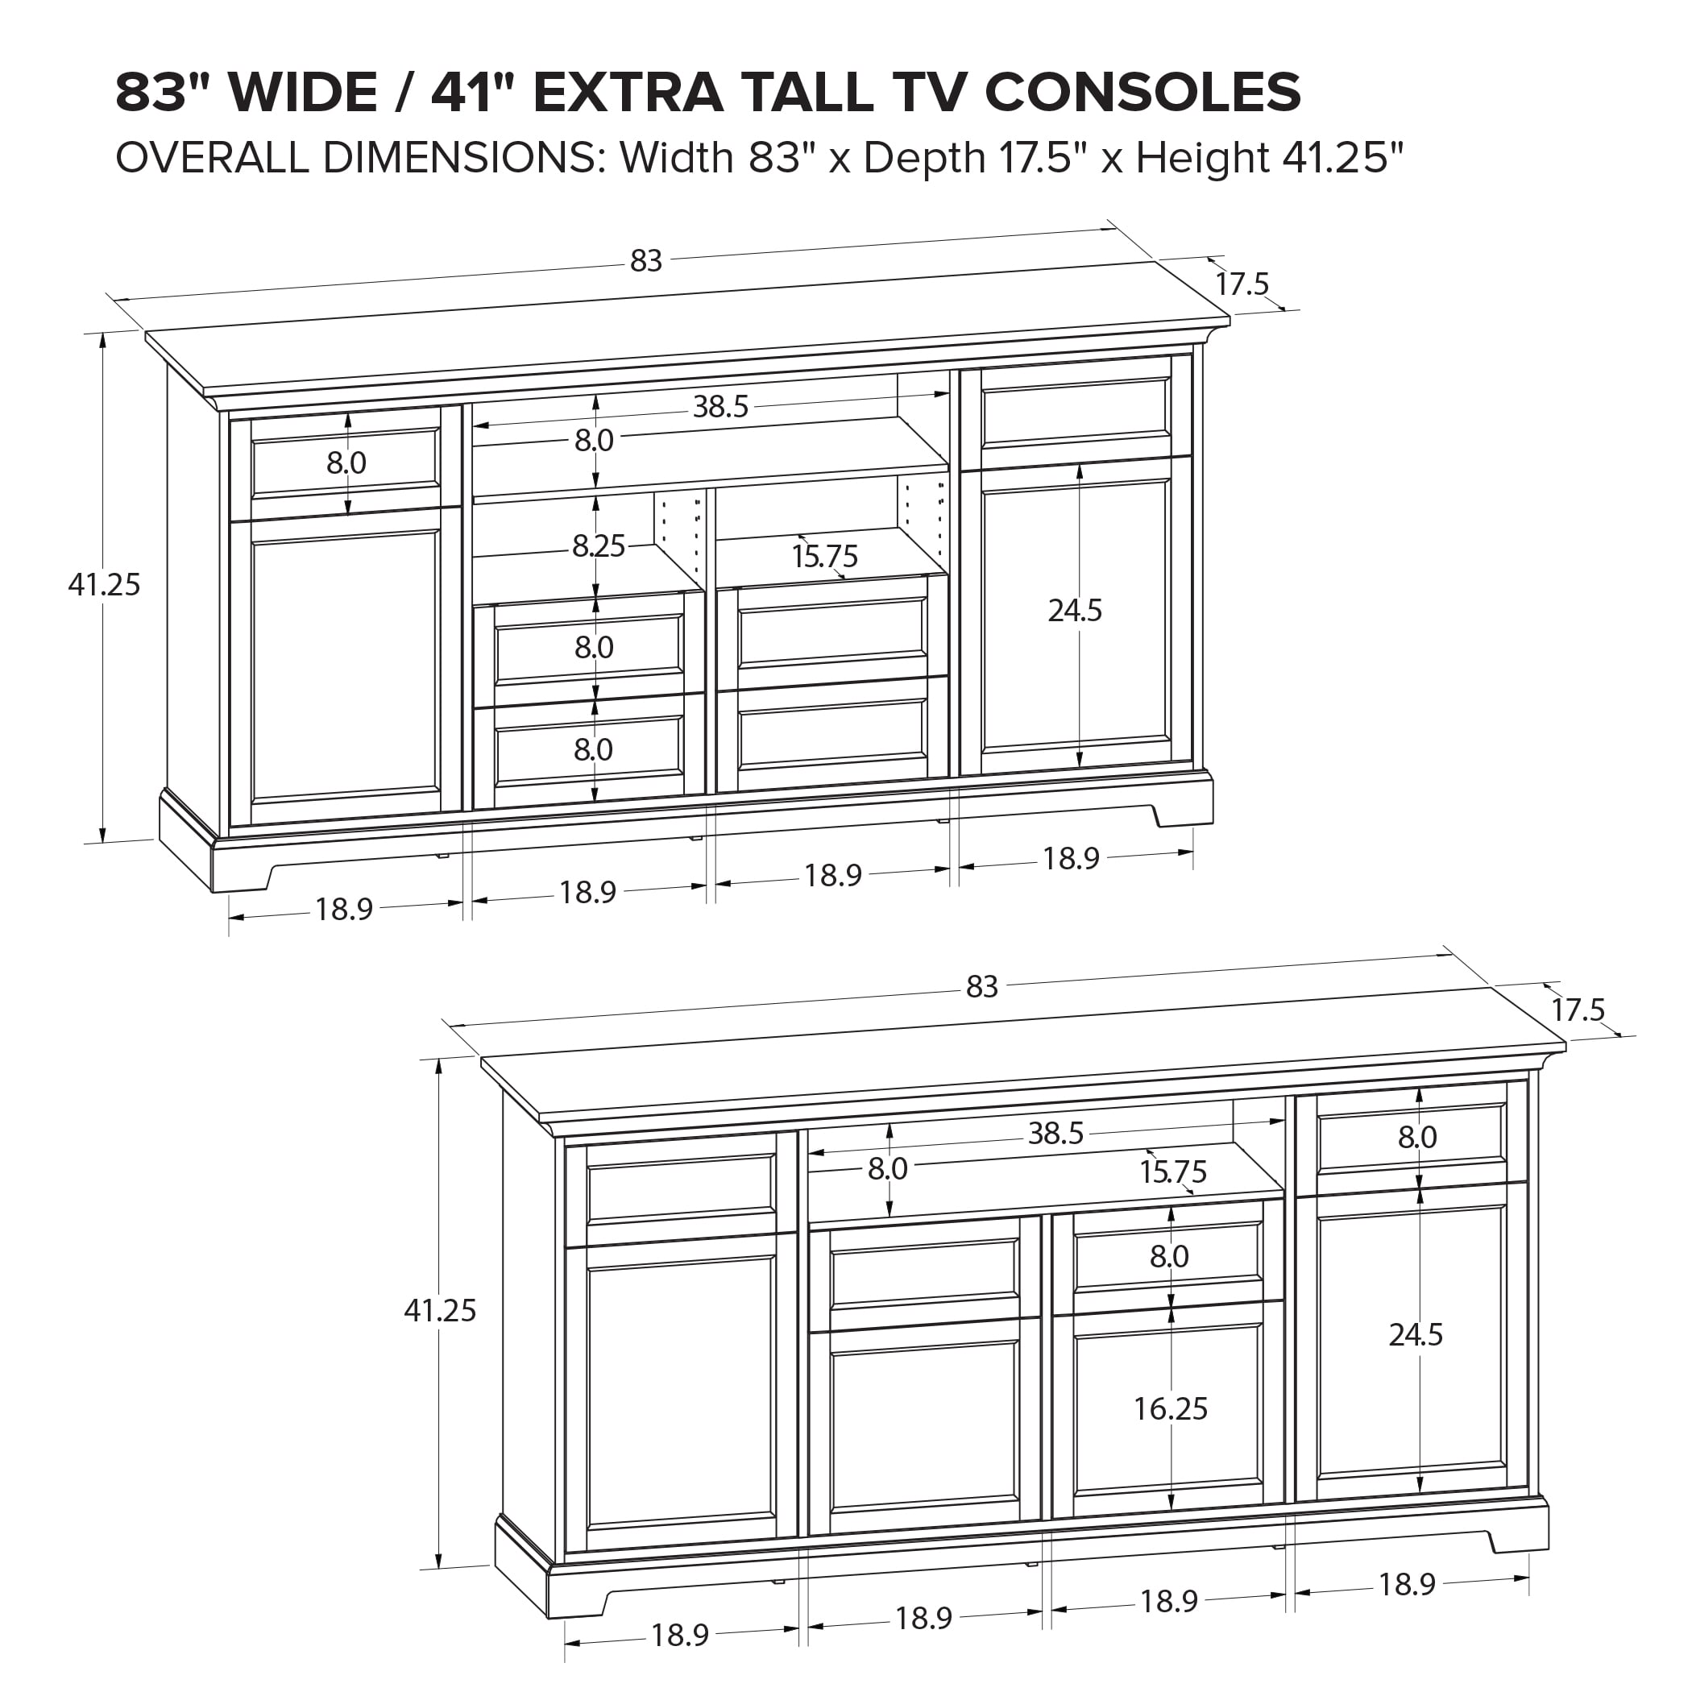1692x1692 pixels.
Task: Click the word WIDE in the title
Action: [302, 92]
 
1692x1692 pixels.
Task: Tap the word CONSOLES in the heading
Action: [1142, 92]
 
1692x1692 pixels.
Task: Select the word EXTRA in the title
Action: [628, 92]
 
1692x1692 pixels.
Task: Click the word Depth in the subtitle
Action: [925, 159]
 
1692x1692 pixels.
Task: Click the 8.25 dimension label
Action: [599, 546]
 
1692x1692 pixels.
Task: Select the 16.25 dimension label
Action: [1170, 1408]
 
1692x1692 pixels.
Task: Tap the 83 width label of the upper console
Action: [646, 261]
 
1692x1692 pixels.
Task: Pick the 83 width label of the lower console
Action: [981, 987]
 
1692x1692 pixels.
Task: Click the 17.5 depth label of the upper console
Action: [1242, 284]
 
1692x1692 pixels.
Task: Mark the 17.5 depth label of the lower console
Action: [1578, 1010]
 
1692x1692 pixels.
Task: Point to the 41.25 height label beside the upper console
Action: [104, 584]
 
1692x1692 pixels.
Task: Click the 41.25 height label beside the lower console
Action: [440, 1310]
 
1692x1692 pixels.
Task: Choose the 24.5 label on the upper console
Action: [1075, 611]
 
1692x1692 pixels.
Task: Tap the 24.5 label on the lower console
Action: [1416, 1335]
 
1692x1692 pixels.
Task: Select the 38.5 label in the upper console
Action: [721, 407]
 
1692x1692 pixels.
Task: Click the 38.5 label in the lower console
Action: [1055, 1134]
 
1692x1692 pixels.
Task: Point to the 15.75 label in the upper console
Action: [825, 557]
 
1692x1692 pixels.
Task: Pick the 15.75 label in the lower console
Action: [1172, 1172]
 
